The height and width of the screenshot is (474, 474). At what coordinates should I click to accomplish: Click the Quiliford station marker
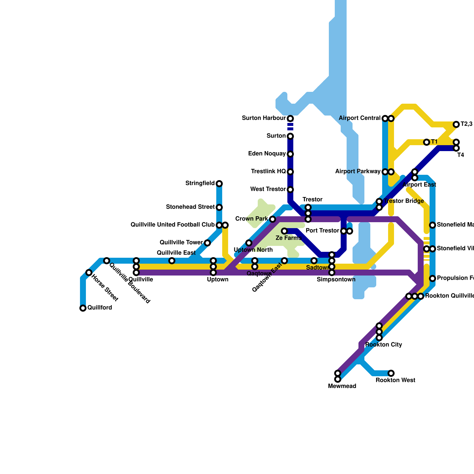click(83, 308)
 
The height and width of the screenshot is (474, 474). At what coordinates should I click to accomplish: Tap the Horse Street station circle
click(89, 273)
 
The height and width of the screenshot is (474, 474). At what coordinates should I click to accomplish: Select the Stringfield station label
click(200, 183)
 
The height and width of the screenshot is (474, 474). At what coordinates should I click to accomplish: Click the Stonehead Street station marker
click(219, 207)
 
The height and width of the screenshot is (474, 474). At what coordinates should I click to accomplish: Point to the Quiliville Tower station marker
click(207, 243)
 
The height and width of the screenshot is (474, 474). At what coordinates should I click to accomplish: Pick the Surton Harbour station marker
click(290, 118)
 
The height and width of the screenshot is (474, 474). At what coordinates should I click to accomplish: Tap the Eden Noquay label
click(267, 154)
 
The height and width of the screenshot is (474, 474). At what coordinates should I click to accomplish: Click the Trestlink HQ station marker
click(290, 172)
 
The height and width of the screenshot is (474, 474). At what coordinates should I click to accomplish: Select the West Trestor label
click(268, 189)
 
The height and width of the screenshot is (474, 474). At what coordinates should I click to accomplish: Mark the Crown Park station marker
click(273, 219)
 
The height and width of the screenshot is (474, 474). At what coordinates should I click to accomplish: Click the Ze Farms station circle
click(284, 231)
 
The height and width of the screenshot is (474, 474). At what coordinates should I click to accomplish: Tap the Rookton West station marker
click(391, 373)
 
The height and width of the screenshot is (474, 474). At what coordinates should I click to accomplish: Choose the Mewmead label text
click(342, 386)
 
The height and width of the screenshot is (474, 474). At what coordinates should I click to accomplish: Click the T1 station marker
click(427, 142)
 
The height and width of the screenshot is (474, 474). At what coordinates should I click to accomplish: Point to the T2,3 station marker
click(456, 124)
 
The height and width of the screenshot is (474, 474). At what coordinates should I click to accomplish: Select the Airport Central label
click(360, 118)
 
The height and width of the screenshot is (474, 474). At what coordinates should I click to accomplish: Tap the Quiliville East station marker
click(172, 261)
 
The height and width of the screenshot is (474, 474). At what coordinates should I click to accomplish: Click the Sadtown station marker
click(314, 261)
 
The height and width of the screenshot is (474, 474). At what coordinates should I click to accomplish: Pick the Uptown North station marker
click(249, 243)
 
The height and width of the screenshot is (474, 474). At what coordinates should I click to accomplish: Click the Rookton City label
click(384, 345)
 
